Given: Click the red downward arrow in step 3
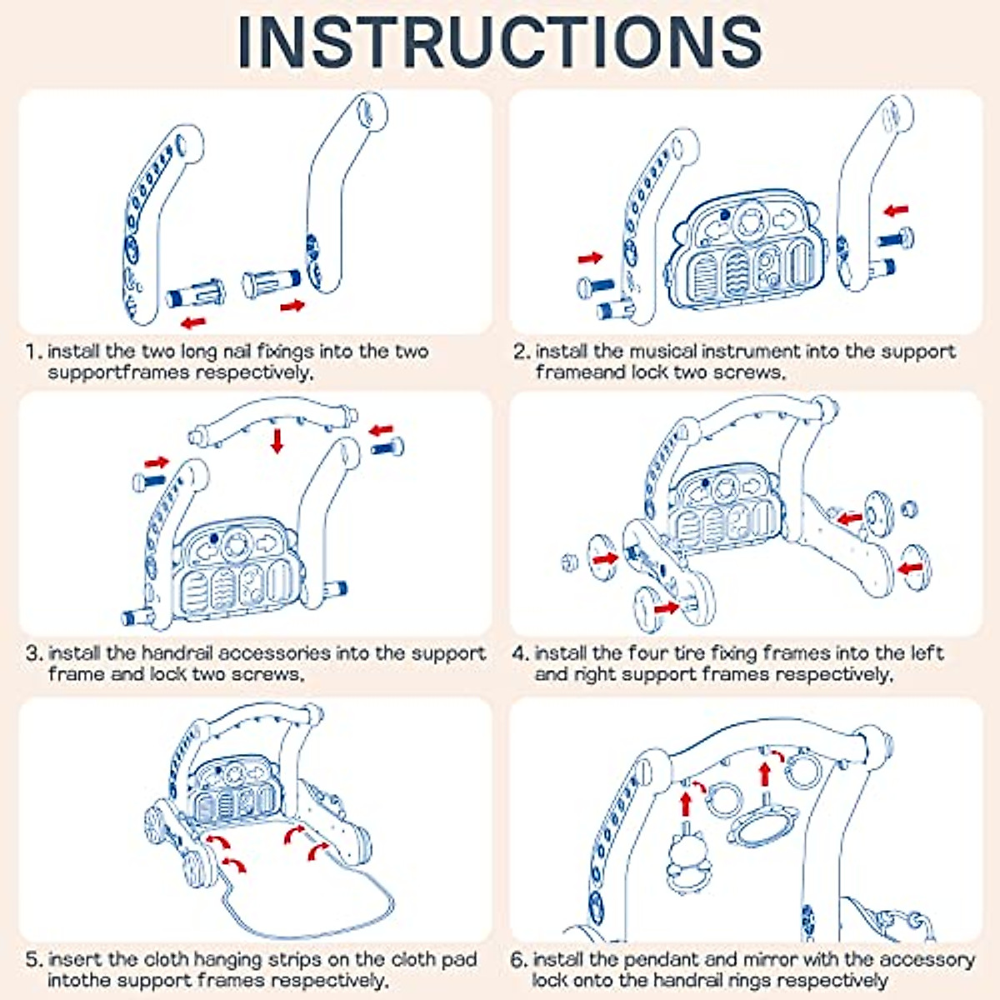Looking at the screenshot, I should (x=277, y=441).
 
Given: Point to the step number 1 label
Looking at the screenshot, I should (x=33, y=352).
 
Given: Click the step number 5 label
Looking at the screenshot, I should (x=33, y=960).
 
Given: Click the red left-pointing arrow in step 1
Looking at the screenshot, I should (x=193, y=322).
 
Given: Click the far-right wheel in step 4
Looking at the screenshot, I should (x=914, y=567).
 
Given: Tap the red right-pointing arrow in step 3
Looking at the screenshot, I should (x=156, y=462).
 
